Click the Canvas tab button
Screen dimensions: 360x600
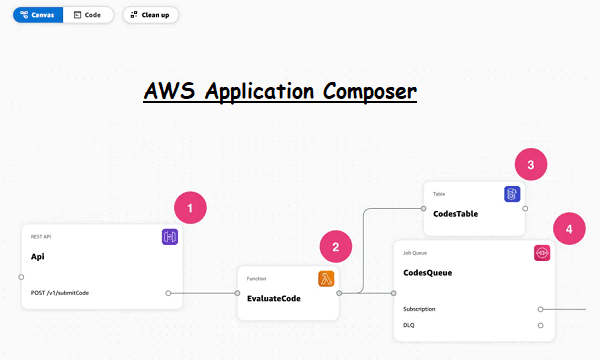point(36,15)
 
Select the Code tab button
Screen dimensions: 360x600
point(87,15)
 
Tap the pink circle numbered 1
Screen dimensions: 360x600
point(190,207)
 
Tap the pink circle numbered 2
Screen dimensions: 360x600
point(336,247)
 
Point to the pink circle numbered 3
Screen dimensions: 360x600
point(531,165)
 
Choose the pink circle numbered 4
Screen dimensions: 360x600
point(568,228)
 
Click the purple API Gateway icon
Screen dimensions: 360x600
point(170,237)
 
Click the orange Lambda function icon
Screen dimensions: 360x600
point(326,278)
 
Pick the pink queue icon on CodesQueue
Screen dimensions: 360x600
point(542,253)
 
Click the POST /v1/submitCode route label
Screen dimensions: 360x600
point(60,293)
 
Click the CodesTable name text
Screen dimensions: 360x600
point(458,213)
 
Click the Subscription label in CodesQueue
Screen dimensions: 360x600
point(419,309)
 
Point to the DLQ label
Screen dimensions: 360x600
point(408,325)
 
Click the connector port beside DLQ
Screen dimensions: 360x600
point(540,325)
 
